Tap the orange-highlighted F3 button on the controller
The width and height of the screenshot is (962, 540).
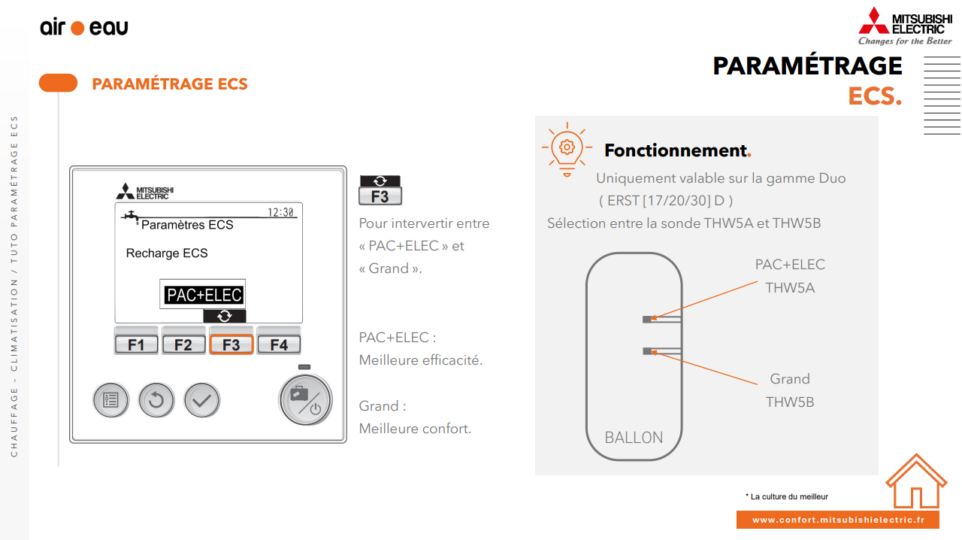pos(231,344)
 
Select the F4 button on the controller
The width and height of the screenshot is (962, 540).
pos(279,344)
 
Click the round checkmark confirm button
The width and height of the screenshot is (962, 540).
pos(202,400)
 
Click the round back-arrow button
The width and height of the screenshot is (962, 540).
pos(156,400)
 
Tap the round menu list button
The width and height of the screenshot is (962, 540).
pos(111,400)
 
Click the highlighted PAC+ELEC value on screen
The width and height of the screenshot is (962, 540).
pos(204,295)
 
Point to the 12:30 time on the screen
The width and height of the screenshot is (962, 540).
pos(280,212)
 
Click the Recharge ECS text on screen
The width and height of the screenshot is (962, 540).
pos(167,253)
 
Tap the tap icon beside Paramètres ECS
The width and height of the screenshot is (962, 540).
pos(131,217)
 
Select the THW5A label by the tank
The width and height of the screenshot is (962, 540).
pos(790,287)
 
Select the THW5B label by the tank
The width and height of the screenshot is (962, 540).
pos(790,402)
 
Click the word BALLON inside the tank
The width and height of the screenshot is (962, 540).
pos(634,438)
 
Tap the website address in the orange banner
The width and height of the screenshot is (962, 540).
pos(837,520)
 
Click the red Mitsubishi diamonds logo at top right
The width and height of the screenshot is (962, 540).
pos(873,21)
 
